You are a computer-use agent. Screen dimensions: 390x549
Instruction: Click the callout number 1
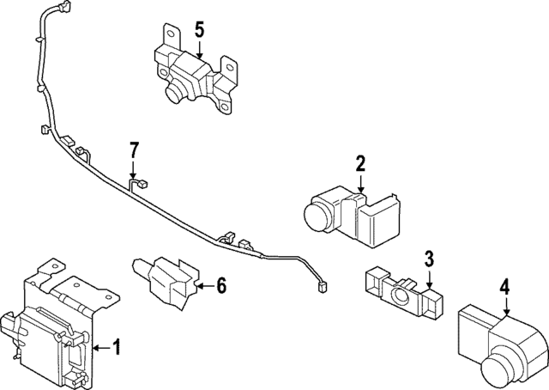[118, 347]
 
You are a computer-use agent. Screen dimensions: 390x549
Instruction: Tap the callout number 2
[360, 163]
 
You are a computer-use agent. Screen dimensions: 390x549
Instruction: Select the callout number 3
[429, 258]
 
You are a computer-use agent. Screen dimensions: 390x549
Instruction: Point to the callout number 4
[505, 287]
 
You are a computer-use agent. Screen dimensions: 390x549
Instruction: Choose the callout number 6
[220, 284]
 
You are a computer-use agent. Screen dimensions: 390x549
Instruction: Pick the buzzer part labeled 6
[167, 281]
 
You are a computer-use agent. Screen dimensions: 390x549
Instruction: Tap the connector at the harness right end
[323, 289]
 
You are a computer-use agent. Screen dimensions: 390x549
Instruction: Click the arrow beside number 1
[100, 347]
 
